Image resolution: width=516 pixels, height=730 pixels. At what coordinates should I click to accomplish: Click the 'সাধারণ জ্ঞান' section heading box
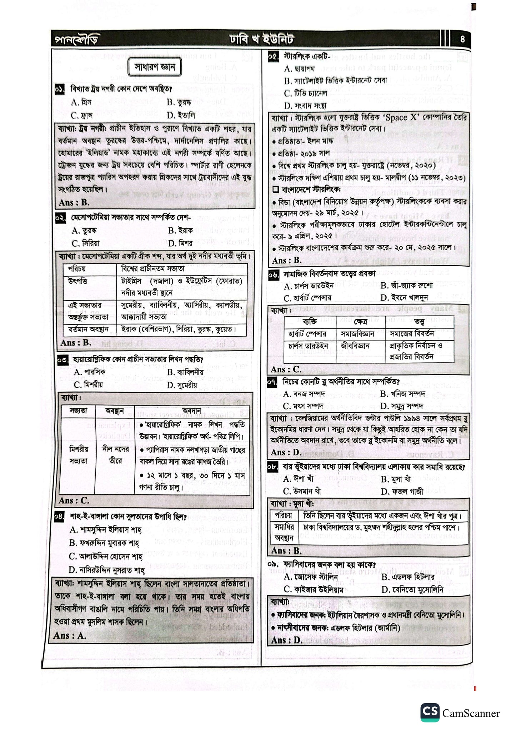[155, 67]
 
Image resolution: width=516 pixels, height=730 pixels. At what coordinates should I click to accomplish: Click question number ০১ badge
[60, 89]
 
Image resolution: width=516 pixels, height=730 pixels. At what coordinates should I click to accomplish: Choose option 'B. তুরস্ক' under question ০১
[179, 103]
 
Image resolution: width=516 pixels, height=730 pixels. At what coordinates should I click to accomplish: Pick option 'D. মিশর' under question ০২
[180, 243]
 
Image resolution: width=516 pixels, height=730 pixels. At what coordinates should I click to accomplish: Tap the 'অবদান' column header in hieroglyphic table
[192, 411]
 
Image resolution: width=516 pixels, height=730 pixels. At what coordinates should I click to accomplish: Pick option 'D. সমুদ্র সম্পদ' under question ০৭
[402, 406]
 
